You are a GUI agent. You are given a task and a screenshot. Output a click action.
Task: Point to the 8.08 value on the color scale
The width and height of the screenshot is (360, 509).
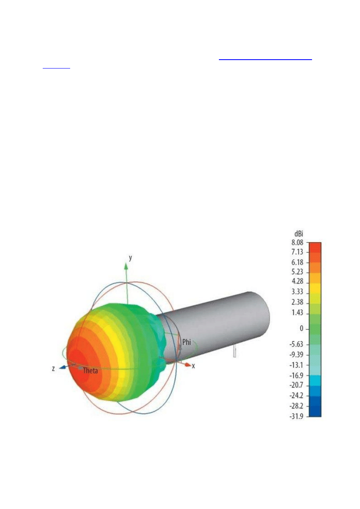297,243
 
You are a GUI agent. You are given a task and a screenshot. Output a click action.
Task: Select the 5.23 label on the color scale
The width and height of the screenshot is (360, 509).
297,272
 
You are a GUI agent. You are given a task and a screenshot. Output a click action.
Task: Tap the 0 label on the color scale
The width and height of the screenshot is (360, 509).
302,328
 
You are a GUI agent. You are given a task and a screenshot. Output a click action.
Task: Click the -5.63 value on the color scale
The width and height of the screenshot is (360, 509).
296,345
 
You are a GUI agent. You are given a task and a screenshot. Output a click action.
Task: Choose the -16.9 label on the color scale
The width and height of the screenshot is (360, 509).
296,376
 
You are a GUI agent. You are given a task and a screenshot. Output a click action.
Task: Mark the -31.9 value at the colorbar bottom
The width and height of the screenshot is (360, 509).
296,417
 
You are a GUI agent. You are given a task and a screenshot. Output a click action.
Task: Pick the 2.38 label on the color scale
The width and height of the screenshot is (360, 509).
297,302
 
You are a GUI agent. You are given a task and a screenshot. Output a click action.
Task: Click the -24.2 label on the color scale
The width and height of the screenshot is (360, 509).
296,396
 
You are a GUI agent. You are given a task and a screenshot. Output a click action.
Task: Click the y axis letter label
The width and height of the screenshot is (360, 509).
131,258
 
